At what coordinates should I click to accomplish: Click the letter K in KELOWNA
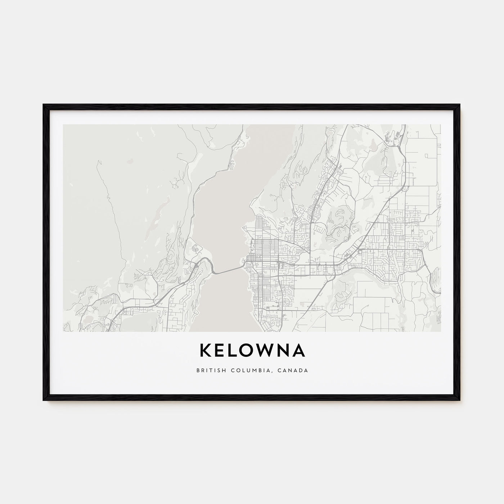pyautogui.click(x=205, y=351)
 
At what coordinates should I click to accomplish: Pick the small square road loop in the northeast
pyautogui.click(x=427, y=156)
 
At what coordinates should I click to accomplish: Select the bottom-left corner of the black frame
pyautogui.click(x=44, y=400)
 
